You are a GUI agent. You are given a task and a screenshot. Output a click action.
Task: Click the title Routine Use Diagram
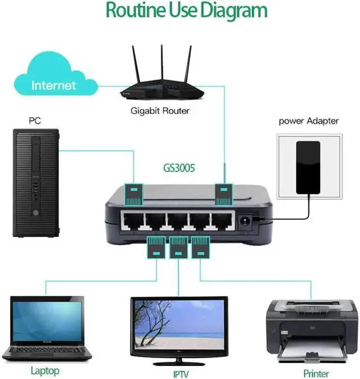(x=186, y=11)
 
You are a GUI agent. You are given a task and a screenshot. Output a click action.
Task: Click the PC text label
(x=35, y=120)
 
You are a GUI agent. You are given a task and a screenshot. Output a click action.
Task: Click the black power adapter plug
(x=308, y=166)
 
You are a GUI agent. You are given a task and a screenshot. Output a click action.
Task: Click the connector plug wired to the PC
(x=134, y=192)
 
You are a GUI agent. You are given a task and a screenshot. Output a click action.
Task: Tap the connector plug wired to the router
(x=224, y=192)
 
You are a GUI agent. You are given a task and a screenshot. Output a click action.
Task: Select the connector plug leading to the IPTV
(x=178, y=248)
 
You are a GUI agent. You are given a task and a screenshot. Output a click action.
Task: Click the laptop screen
(x=47, y=322)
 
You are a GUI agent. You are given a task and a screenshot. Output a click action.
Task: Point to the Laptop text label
(x=45, y=371)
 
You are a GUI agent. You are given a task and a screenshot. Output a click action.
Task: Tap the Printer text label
(x=316, y=373)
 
